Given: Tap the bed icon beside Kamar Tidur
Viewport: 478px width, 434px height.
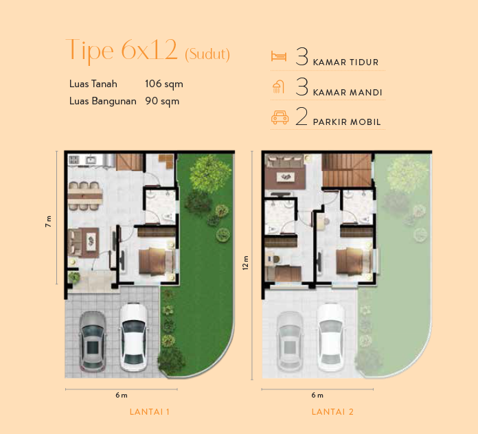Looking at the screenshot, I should point(278,57).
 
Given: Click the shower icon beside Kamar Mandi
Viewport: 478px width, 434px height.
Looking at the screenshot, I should point(278,87).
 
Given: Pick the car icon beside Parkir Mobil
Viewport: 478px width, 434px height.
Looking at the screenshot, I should point(279,117).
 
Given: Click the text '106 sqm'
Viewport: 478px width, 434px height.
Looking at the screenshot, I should point(163,84).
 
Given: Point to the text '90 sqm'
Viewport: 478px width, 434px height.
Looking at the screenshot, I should point(162,100).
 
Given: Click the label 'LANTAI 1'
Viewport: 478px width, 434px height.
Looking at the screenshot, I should point(149,412).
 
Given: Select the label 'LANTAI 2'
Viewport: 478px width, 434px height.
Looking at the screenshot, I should point(332,412).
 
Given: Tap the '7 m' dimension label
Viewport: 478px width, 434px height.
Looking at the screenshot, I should point(48,220).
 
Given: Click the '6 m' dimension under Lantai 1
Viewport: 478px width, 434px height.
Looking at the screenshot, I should point(122,395).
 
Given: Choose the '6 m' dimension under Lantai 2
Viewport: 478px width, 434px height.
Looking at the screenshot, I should point(317,395).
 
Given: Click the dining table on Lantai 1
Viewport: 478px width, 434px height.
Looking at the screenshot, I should point(86,192).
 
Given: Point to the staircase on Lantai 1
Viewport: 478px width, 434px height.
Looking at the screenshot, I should point(128,163).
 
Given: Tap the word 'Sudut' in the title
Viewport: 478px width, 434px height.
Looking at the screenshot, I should point(207,54).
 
